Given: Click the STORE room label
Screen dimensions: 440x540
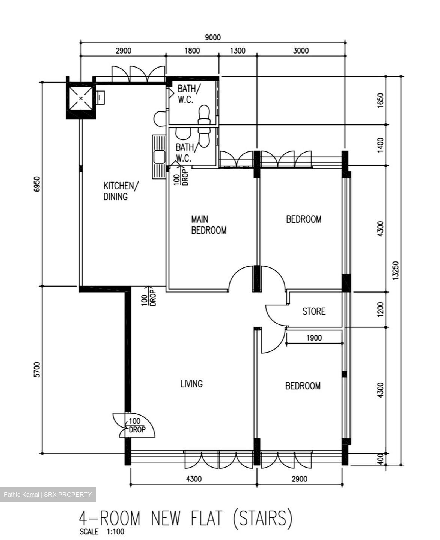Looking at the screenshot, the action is point(314,311).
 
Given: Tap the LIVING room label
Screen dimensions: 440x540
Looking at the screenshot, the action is point(191,384).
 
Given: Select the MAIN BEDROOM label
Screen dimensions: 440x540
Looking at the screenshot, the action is point(209,225).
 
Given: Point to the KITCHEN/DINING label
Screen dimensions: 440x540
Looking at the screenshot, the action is point(121,191).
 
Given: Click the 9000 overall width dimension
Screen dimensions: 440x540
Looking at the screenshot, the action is point(212,37).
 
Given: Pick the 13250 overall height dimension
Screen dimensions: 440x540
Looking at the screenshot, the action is point(396,270).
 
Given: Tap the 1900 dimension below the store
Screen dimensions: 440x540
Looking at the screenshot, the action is point(314,338).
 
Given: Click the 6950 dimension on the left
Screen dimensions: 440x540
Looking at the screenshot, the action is point(37,184).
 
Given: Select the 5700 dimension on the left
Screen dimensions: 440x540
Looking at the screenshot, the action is point(37,370).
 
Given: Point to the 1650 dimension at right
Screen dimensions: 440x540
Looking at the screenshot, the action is point(380,100).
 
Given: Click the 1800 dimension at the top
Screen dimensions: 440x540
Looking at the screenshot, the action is point(192,51).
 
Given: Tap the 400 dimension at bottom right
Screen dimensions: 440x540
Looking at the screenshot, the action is point(380,459).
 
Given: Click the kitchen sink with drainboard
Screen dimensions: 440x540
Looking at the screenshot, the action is point(159,157).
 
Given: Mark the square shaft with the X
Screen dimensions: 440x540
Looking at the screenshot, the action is point(81,98).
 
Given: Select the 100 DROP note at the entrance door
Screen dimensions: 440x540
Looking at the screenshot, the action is point(137,425).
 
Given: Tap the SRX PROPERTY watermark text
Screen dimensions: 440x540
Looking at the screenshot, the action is point(68,495).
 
